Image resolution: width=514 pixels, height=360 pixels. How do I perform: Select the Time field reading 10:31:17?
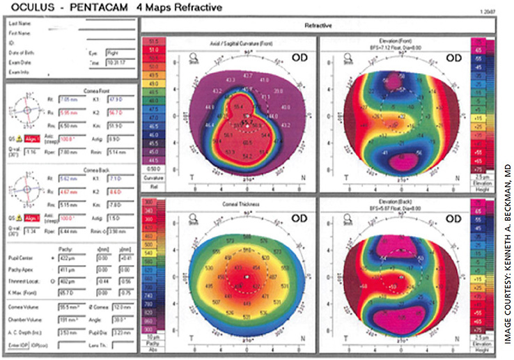(114, 62)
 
